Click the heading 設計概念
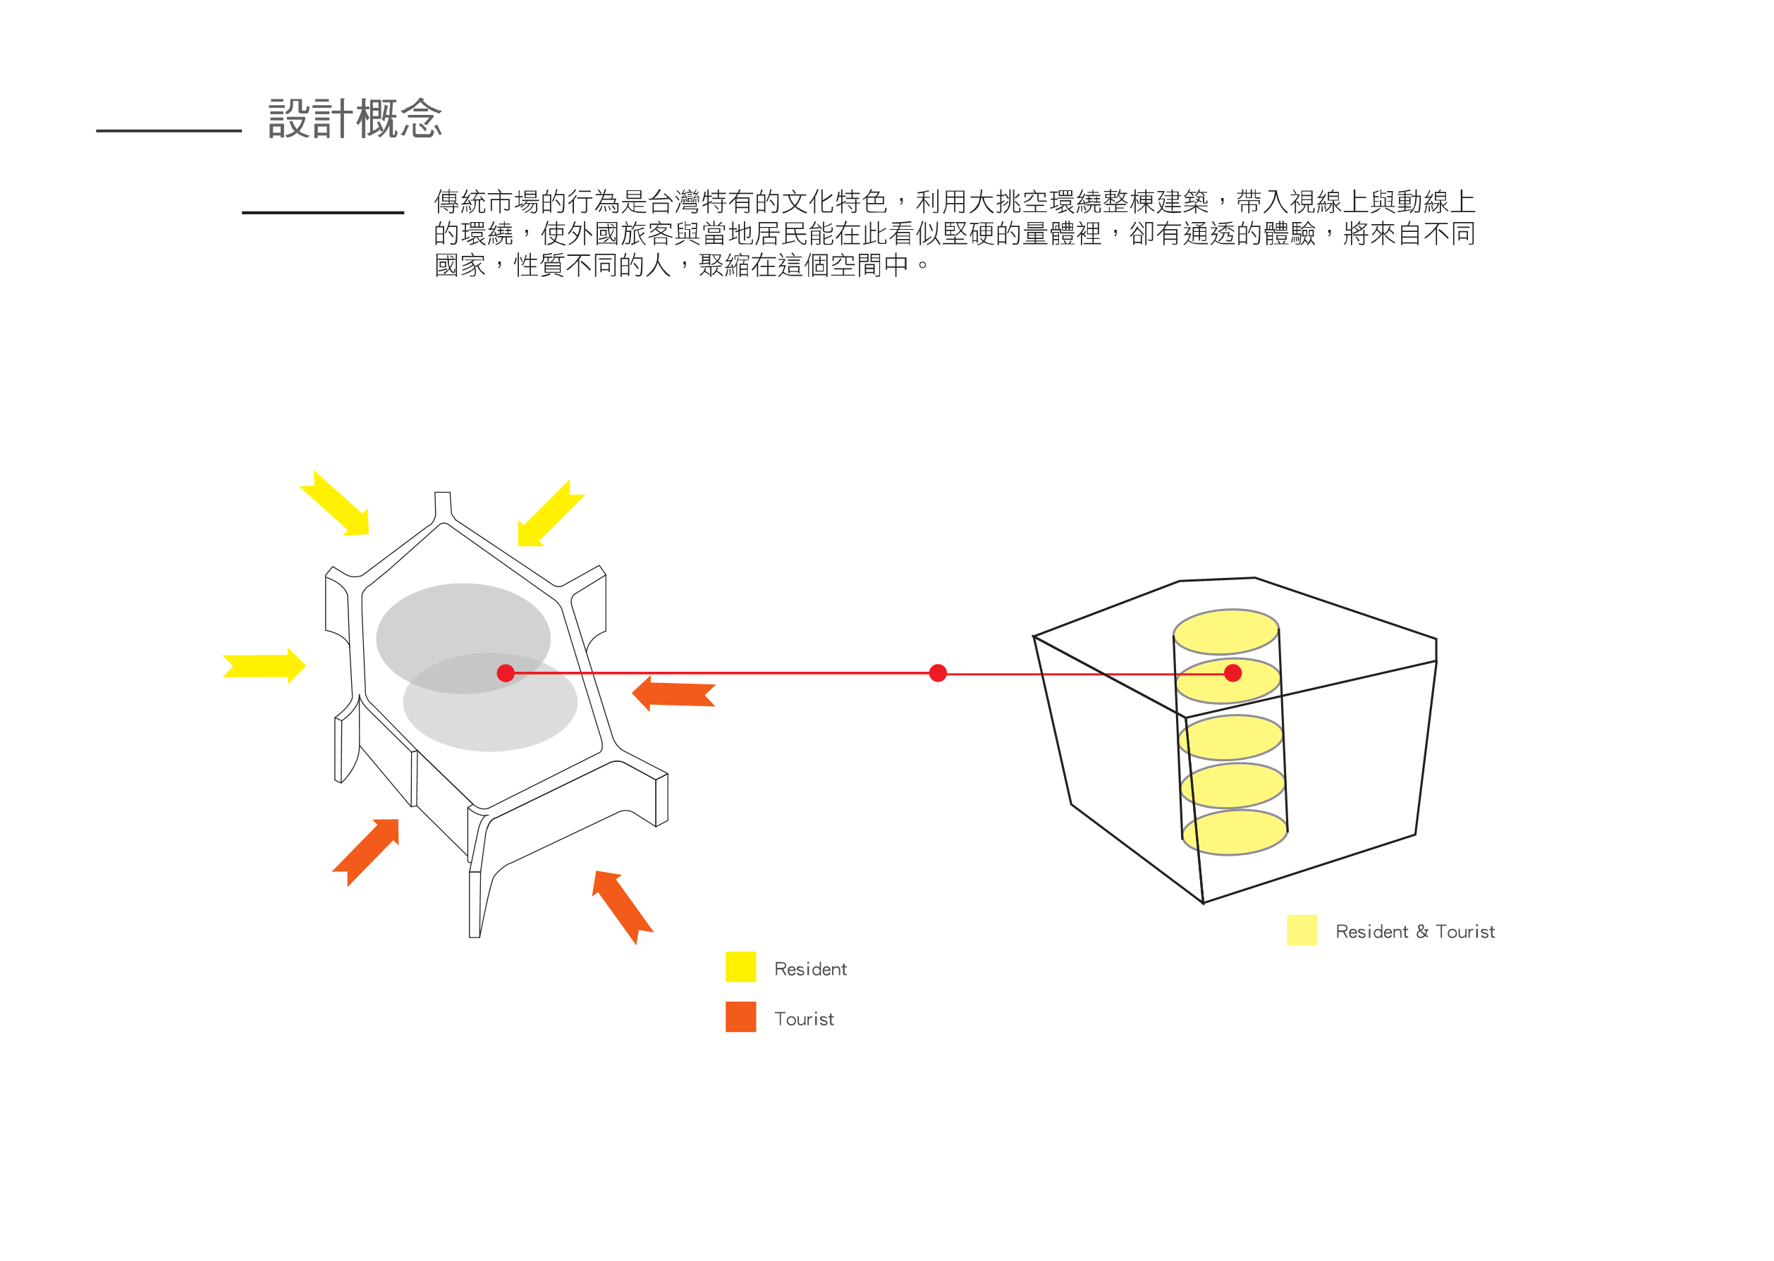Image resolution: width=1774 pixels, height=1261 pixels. pos(355,119)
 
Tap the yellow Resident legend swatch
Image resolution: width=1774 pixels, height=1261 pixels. pos(740,966)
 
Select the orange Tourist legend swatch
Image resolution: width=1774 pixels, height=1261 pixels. pos(740,1016)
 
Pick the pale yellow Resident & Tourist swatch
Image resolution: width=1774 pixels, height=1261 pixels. pos(1302,930)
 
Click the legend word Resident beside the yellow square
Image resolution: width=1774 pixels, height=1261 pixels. pos(810,969)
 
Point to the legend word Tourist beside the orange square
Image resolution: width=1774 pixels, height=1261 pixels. pos(804,1019)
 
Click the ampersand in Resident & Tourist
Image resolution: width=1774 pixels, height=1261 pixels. pos(1422,931)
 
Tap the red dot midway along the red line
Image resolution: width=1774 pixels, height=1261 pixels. pos(938,672)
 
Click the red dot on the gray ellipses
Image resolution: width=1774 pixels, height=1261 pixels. pos(506,672)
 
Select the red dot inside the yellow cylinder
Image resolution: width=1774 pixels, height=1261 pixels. pos(1232,672)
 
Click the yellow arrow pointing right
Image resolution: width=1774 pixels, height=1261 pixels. pos(265,665)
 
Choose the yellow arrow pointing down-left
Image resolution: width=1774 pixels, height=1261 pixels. pos(549,514)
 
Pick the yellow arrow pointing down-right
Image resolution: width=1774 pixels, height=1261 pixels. pos(336,505)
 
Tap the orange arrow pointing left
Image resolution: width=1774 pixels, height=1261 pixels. pos(673,693)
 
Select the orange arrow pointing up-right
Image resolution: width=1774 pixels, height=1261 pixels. pos(367,850)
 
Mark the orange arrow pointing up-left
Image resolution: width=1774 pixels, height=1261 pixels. pos(622,905)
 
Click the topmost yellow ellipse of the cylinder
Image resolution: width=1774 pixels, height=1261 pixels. pos(1225,632)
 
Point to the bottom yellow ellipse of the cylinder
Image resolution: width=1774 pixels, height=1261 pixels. pos(1234,832)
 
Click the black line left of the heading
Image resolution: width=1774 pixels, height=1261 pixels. pos(169,131)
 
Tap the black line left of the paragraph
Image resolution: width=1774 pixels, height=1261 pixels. pos(322,212)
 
